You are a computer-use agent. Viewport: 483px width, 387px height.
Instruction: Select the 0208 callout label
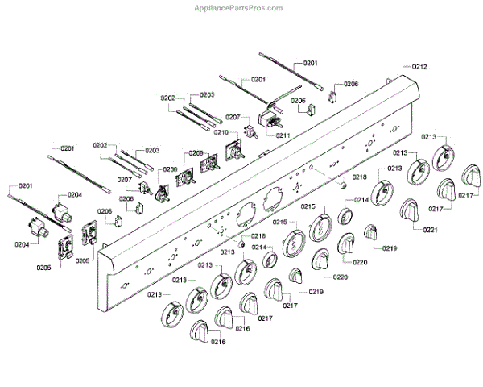(169, 169)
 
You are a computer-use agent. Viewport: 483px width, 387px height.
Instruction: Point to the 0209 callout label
(196, 153)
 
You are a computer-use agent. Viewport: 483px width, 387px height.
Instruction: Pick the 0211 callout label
(282, 135)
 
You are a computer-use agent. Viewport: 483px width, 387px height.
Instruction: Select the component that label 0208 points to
(163, 192)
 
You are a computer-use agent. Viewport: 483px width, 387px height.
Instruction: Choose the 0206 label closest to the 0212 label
(350, 84)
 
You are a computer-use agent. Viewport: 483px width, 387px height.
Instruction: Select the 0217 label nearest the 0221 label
(436, 208)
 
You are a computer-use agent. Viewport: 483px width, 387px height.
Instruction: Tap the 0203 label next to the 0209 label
(151, 151)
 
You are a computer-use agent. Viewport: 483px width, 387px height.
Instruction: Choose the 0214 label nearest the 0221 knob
(361, 199)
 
